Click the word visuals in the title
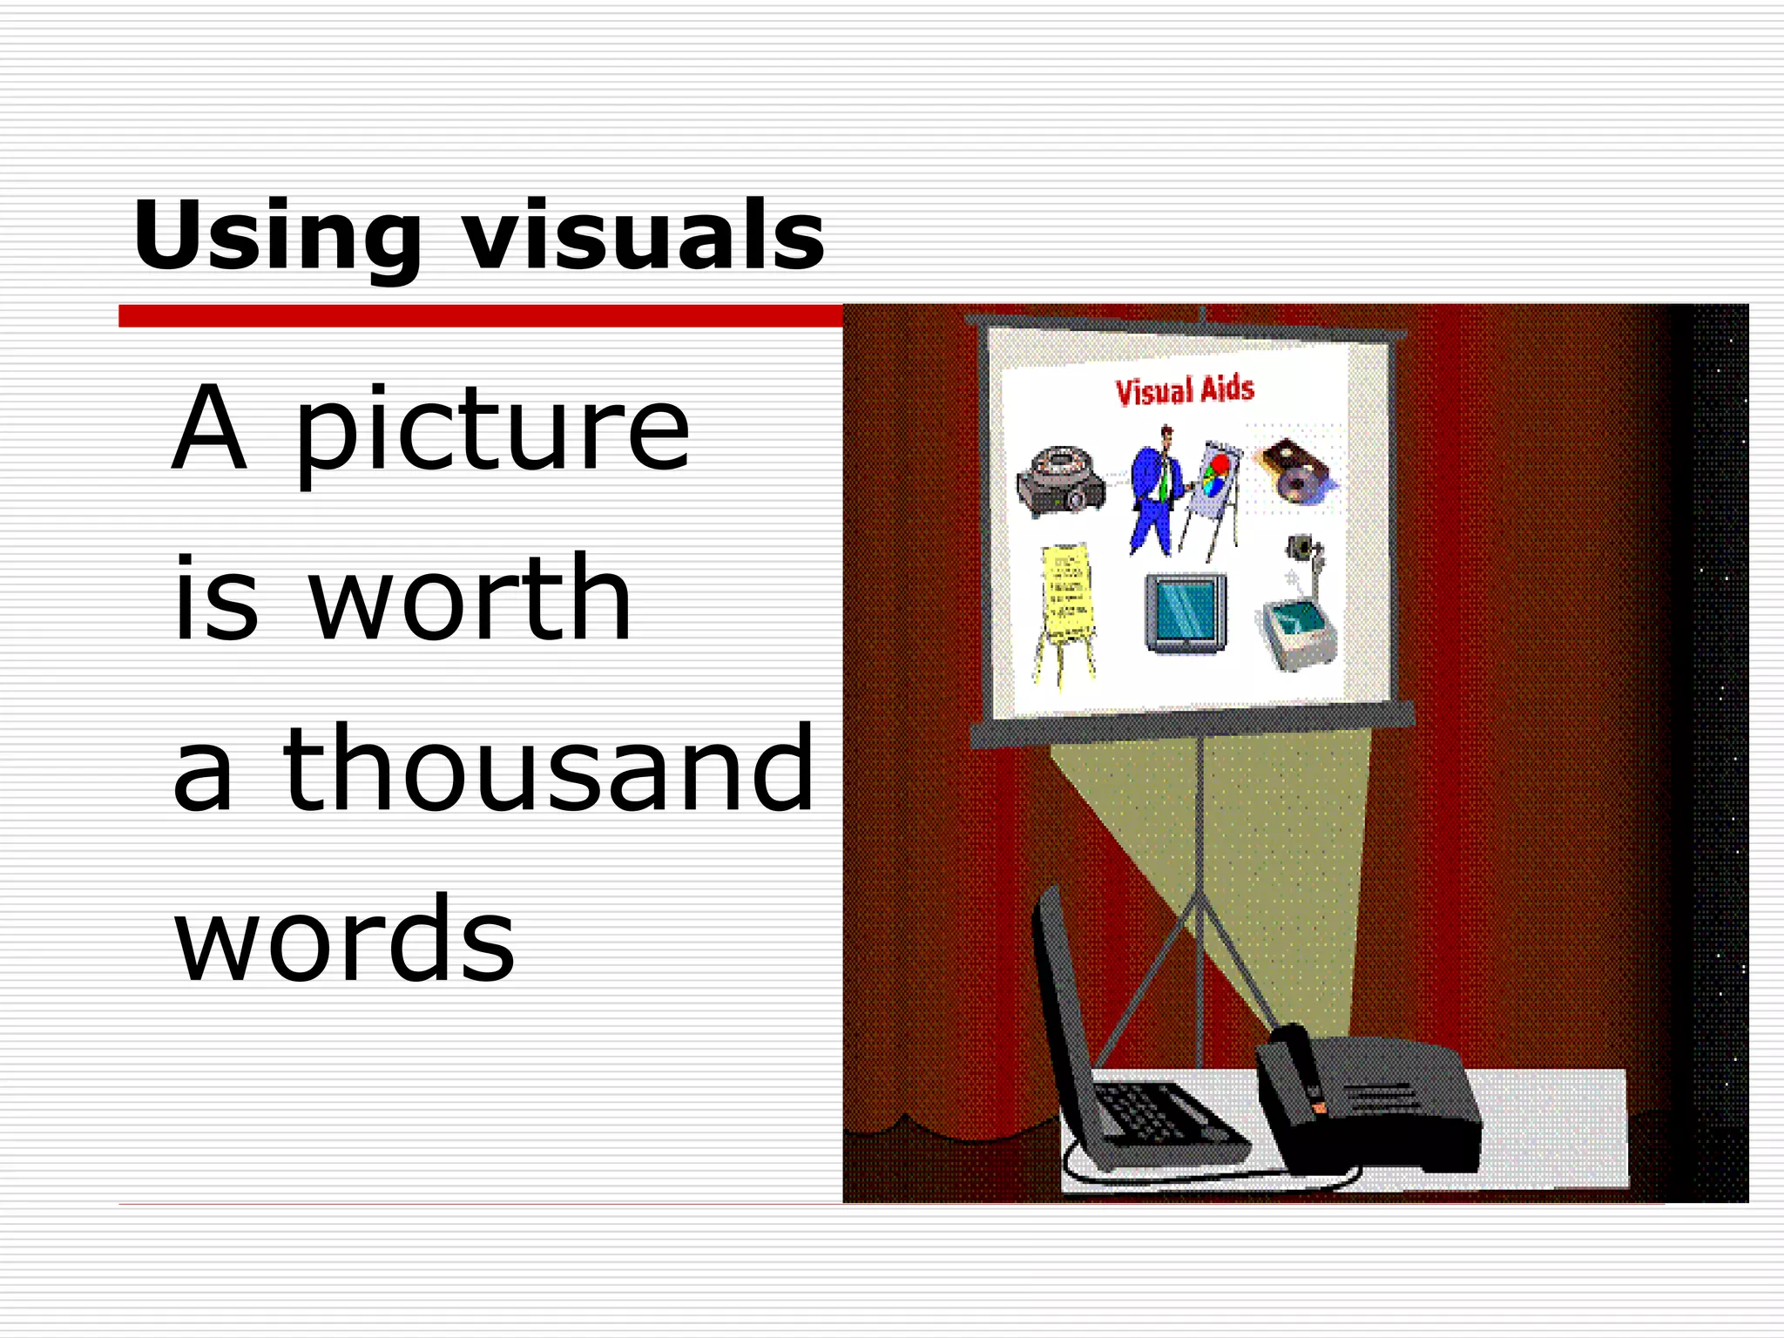[643, 235]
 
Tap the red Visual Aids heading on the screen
[1185, 390]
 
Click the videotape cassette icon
[1295, 470]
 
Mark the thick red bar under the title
[480, 315]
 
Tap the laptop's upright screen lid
[1058, 1002]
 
